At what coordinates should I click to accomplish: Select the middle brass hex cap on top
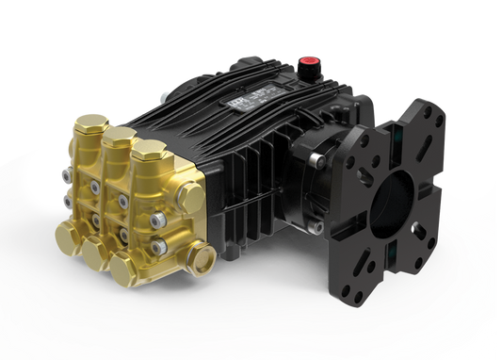[x=119, y=137]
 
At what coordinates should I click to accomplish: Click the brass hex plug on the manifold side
[x=193, y=199]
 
